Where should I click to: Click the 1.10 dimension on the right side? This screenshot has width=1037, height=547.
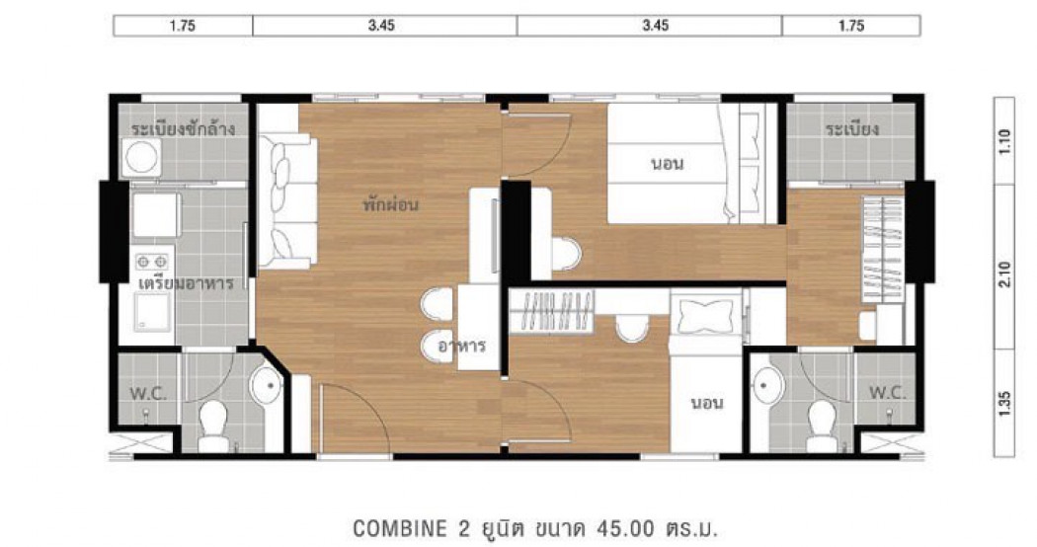[x=1004, y=141]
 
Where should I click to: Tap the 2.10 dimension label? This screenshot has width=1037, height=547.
[x=1004, y=274]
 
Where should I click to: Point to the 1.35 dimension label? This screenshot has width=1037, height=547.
[x=1004, y=404]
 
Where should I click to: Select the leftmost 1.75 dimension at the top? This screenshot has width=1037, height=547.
[x=182, y=26]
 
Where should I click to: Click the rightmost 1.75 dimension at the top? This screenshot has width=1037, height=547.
[x=851, y=26]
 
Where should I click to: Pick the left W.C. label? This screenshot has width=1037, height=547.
[x=148, y=394]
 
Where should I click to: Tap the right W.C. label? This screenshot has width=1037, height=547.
[x=887, y=392]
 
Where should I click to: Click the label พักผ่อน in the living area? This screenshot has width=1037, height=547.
[x=391, y=203]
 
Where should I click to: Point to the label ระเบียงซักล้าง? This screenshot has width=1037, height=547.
[x=183, y=127]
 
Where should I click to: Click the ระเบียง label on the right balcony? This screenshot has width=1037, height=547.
[x=851, y=128]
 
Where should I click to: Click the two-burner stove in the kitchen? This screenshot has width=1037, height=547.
[x=152, y=263]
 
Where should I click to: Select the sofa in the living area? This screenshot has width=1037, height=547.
[x=287, y=201]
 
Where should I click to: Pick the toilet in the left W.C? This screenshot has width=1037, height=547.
[x=213, y=426]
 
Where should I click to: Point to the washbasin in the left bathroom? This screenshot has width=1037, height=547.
[x=267, y=384]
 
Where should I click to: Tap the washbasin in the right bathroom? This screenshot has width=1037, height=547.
[x=768, y=384]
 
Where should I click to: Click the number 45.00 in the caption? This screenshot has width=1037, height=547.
[x=625, y=528]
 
